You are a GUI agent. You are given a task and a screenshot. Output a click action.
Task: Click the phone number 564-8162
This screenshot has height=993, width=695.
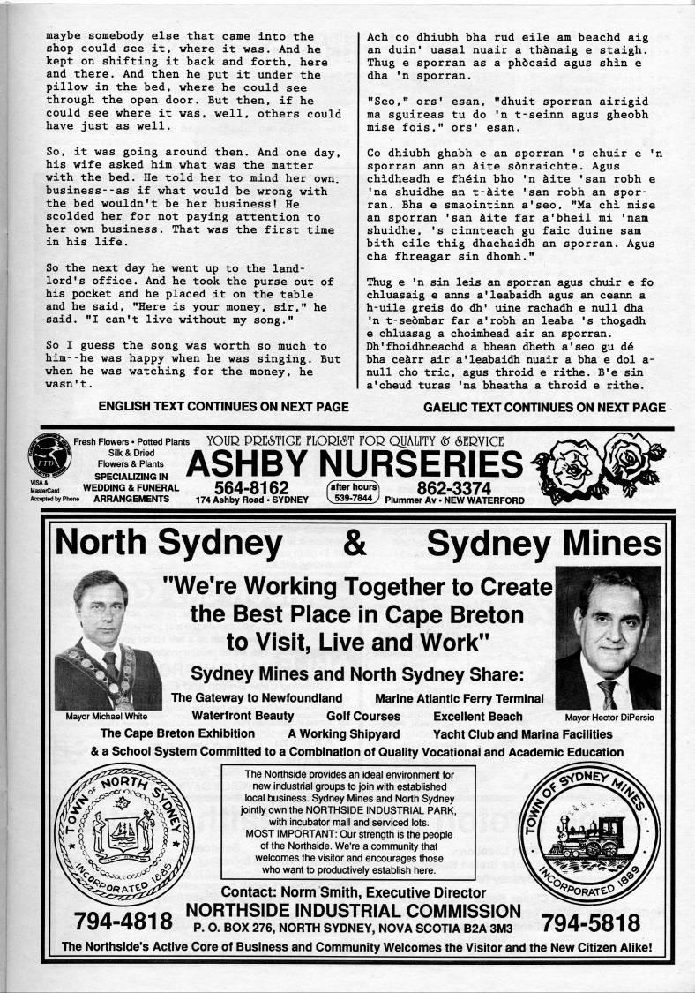coord(251,487)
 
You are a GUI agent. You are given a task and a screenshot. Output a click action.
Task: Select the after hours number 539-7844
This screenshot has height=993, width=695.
coord(353,498)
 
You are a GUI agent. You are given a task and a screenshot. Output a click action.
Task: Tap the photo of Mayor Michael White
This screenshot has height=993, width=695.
coord(107,640)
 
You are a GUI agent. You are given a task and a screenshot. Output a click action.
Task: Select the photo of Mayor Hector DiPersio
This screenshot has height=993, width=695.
coord(608,636)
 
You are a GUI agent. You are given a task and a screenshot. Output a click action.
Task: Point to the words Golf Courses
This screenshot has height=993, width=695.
coord(363,716)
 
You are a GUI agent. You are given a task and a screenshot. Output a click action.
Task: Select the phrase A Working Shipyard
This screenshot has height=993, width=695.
coord(344,733)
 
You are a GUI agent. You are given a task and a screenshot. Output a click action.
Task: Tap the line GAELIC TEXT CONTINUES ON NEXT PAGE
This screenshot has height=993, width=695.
coord(544,407)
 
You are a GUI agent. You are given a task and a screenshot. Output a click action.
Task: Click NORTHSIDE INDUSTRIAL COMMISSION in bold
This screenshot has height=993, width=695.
coord(354,910)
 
